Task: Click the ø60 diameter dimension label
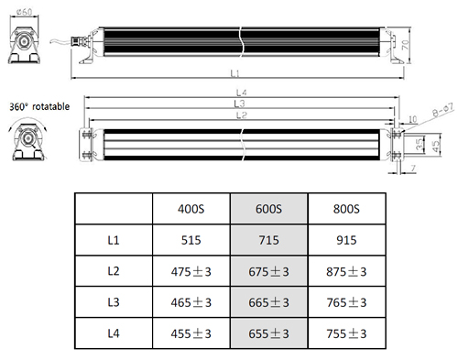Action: pyautogui.click(x=25, y=12)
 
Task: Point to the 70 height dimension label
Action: pyautogui.click(x=405, y=45)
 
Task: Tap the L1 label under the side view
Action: pyautogui.click(x=234, y=73)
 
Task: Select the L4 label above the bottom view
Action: pyautogui.click(x=241, y=93)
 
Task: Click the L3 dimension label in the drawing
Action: pyautogui.click(x=239, y=104)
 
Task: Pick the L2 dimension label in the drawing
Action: pyautogui.click(x=241, y=115)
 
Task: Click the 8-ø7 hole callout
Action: pyautogui.click(x=443, y=110)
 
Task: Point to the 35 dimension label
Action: pyautogui.click(x=420, y=144)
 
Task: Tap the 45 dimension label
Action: pyautogui.click(x=436, y=147)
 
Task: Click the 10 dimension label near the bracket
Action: pyautogui.click(x=412, y=119)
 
